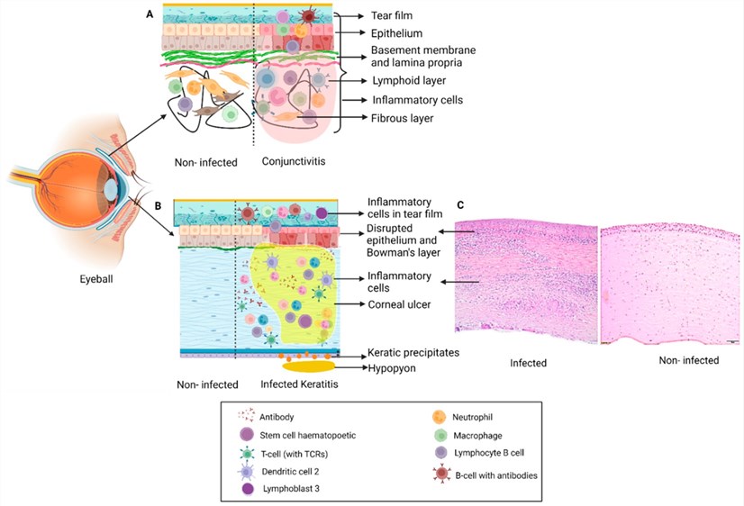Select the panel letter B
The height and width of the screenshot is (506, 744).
(158, 206)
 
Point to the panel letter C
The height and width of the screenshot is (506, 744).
(460, 205)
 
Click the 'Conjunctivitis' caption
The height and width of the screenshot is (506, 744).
(295, 163)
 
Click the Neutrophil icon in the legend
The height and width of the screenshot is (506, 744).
(439, 418)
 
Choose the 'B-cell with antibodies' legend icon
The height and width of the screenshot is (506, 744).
(439, 474)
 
